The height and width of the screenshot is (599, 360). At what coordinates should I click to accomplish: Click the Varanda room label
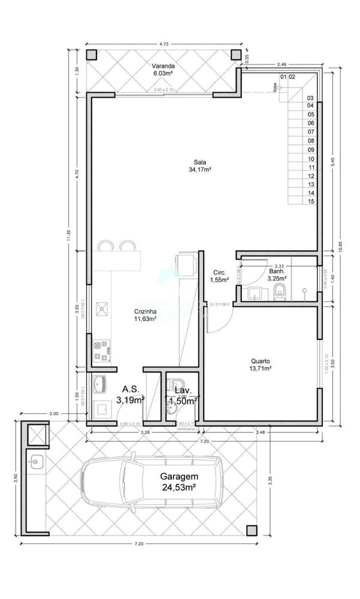[x=162, y=69]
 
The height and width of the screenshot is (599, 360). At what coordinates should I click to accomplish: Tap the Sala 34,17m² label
[x=201, y=166]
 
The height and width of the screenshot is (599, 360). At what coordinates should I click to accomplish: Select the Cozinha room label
[x=146, y=315]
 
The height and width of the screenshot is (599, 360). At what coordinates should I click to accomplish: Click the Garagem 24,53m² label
[x=179, y=482]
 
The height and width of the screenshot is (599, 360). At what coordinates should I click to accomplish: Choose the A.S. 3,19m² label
[x=131, y=394]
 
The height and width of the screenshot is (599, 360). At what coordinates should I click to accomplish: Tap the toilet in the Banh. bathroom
[x=280, y=292]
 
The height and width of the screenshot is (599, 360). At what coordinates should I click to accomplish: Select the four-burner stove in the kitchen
[x=100, y=350]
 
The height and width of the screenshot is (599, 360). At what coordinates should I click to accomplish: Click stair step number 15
[x=311, y=202]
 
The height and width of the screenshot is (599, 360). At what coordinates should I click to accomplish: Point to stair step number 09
[x=311, y=149]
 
